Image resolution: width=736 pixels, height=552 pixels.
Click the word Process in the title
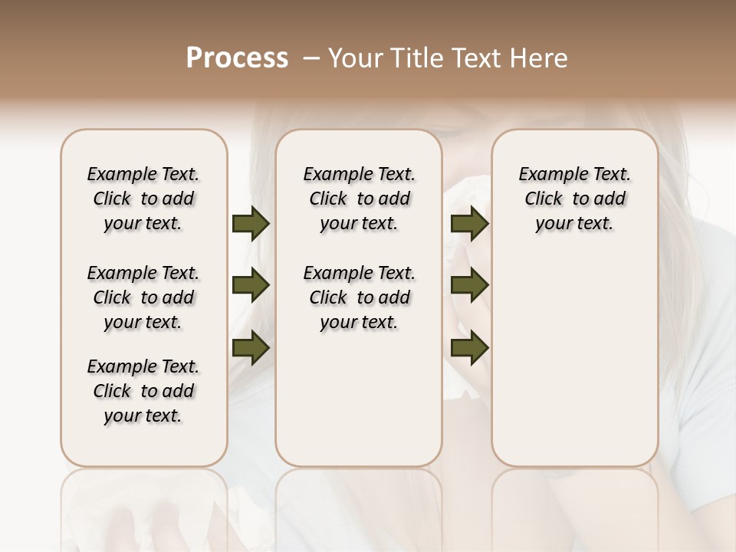[237, 58]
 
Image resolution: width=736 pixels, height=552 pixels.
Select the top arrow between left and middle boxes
[251, 223]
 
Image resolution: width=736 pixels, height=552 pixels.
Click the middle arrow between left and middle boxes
[251, 286]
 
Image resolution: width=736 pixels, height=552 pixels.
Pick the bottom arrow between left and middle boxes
[251, 348]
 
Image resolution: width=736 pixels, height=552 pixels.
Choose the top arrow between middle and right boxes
[469, 223]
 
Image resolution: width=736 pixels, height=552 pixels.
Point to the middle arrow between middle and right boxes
[469, 286]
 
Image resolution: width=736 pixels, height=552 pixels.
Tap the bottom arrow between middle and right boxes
[469, 348]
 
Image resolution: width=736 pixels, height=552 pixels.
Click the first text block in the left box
[143, 199]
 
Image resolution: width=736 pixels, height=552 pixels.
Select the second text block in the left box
[143, 297]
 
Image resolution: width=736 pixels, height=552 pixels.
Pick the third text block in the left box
[143, 391]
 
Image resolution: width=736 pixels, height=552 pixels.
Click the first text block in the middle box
[359, 199]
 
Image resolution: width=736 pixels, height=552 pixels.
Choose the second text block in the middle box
[359, 297]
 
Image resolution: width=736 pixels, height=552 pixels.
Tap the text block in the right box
[574, 199]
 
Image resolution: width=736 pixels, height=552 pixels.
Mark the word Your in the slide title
[356, 58]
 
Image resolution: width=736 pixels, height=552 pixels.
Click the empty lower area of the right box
[574, 368]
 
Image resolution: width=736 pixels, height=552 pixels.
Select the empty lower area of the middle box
[359, 399]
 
